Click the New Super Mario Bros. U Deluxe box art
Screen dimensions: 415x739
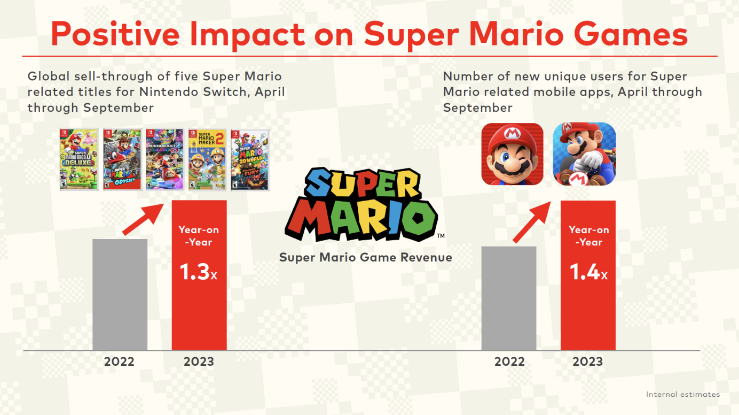[80, 159]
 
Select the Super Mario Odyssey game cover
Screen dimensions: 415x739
[122, 159]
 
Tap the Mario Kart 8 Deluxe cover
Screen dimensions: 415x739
[164, 159]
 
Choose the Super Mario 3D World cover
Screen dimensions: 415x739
[249, 159]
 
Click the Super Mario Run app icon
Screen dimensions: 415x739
[512, 154]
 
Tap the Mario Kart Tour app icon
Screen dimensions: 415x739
[584, 154]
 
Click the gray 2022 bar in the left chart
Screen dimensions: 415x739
[120, 294]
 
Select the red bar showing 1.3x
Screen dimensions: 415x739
[199, 275]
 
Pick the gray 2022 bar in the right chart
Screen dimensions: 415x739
[508, 298]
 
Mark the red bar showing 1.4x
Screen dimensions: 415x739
[588, 275]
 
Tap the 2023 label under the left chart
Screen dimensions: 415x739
[199, 362]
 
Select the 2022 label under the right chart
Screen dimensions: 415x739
[509, 362]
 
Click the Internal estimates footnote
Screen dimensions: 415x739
[682, 395]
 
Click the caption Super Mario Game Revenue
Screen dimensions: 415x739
[366, 258]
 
